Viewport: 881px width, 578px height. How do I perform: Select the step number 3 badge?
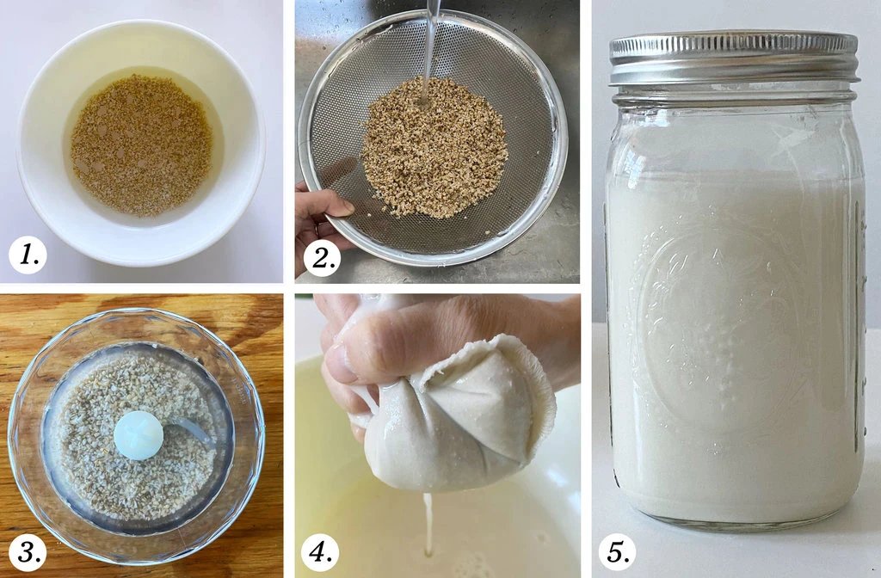click(x=27, y=552)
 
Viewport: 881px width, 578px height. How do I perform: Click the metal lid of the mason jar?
click(x=733, y=58)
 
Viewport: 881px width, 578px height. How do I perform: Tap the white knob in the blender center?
click(x=138, y=434)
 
